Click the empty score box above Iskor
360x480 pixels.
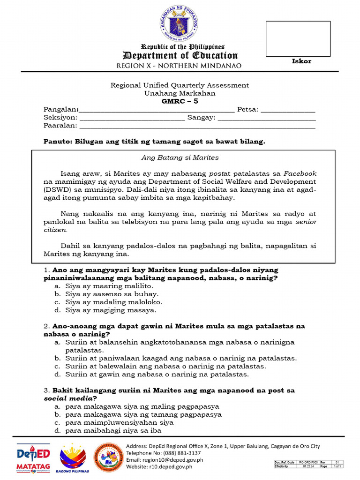pyautogui.click(x=298, y=39)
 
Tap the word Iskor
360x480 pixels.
pyautogui.click(x=301, y=61)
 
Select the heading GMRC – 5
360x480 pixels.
pyautogui.click(x=180, y=101)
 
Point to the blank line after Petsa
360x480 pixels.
pyautogui.click(x=288, y=111)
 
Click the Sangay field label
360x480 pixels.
pyautogui.click(x=201, y=118)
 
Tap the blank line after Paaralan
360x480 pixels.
pyautogui.click(x=197, y=127)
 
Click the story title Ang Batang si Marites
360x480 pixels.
pyautogui.click(x=180, y=157)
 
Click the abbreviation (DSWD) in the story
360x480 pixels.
pyautogui.click(x=57, y=189)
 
